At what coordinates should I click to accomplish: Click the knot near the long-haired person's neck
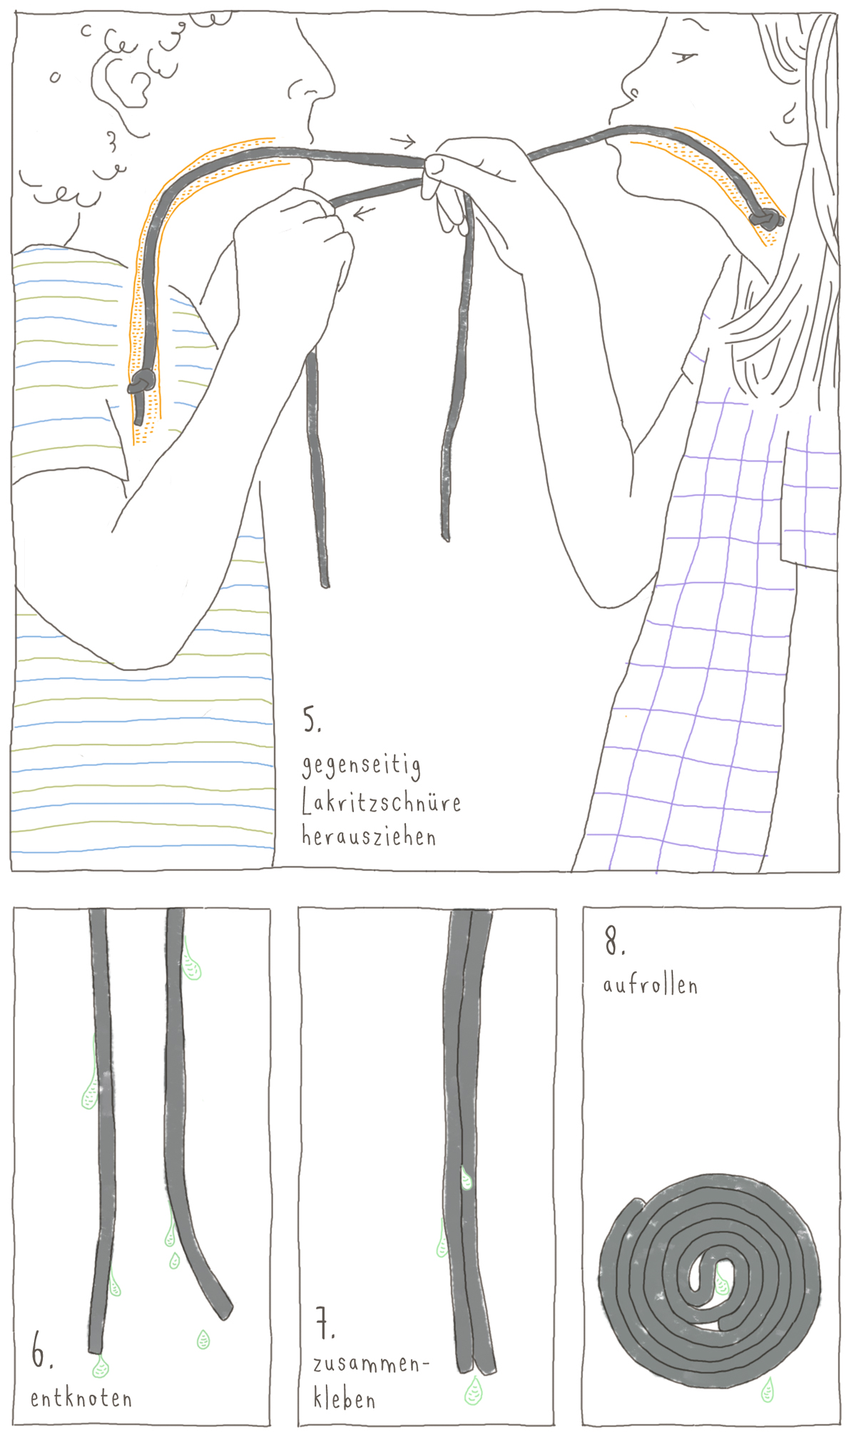click(766, 220)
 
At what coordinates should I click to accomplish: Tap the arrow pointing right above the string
click(402, 140)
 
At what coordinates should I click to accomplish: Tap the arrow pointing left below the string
click(365, 212)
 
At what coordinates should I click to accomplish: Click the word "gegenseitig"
click(361, 765)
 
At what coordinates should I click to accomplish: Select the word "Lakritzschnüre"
click(381, 802)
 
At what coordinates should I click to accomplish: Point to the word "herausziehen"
click(368, 836)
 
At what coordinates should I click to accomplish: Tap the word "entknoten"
click(81, 1398)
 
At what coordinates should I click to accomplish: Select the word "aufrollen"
click(650, 985)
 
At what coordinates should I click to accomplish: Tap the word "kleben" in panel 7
click(344, 1399)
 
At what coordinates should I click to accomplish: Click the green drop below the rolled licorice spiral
click(768, 1389)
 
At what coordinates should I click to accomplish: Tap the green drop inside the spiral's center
click(722, 1283)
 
